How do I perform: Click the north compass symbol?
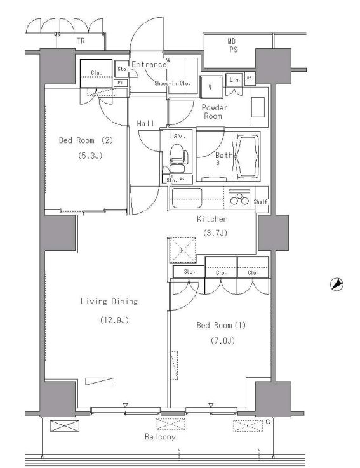pyautogui.click(x=337, y=284)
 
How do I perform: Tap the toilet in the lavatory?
pyautogui.click(x=178, y=157)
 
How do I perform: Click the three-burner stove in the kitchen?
pyautogui.click(x=239, y=199)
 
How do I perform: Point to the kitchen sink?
pyautogui.click(x=187, y=198)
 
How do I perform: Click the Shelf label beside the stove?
pyautogui.click(x=260, y=202)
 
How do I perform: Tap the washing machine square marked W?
pyautogui.click(x=211, y=87)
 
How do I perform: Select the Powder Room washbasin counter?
pyautogui.click(x=258, y=107)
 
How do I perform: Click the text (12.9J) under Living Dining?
pyautogui.click(x=114, y=320)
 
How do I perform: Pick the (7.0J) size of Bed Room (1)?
pyautogui.click(x=222, y=340)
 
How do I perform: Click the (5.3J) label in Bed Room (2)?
pyautogui.click(x=90, y=156)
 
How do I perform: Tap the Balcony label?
pyautogui.click(x=160, y=437)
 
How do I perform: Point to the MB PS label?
pyautogui.click(x=232, y=46)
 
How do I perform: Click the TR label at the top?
pyautogui.click(x=81, y=41)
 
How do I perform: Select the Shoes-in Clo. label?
pyautogui.click(x=173, y=84)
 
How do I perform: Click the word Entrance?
pyautogui.click(x=149, y=65)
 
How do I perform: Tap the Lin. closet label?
pyautogui.click(x=235, y=79)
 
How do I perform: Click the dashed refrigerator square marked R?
pyautogui.click(x=183, y=250)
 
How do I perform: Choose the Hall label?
pyautogui.click(x=145, y=123)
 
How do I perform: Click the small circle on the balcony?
pyautogui.click(x=268, y=422)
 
